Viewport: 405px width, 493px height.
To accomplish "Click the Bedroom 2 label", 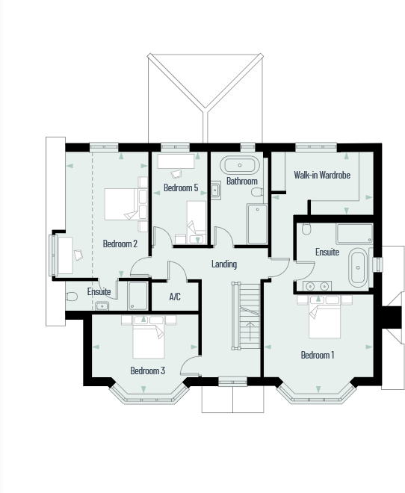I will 120,244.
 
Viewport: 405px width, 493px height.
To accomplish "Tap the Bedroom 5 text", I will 180,188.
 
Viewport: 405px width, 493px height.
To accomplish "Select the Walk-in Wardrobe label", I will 322,176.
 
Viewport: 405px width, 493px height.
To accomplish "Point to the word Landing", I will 223,264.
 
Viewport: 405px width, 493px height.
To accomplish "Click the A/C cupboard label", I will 175,297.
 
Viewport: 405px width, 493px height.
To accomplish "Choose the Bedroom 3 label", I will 147,370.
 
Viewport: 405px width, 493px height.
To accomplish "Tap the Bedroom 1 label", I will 317,355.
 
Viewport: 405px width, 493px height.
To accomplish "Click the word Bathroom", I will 241,182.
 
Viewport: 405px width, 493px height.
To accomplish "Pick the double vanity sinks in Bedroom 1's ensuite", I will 318,285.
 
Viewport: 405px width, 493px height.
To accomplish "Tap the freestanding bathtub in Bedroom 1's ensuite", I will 359,268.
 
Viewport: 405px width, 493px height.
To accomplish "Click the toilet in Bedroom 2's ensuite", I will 72,296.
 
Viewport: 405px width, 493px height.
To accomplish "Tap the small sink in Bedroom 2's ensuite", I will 101,306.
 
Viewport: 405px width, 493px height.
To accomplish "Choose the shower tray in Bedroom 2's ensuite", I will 137,296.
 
